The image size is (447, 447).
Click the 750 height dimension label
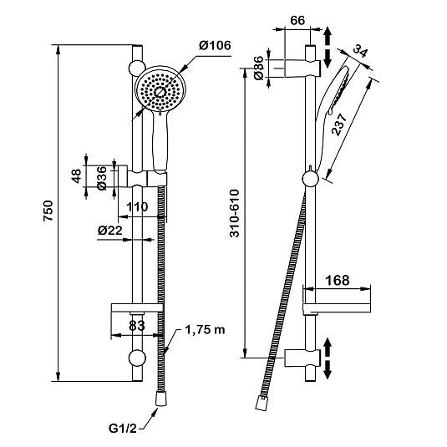pos(48,211)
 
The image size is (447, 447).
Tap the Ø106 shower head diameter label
pos(215,46)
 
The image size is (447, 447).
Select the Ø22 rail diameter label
pos(109,230)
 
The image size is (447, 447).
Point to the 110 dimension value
pos(137,207)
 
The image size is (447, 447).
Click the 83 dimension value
pos(137,326)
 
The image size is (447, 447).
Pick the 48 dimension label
pos(77,176)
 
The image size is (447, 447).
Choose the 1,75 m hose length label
pos(205,330)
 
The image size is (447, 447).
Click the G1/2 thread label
pos(123,429)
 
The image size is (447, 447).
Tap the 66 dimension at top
pos(297,21)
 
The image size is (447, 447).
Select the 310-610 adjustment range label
pos(235,213)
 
